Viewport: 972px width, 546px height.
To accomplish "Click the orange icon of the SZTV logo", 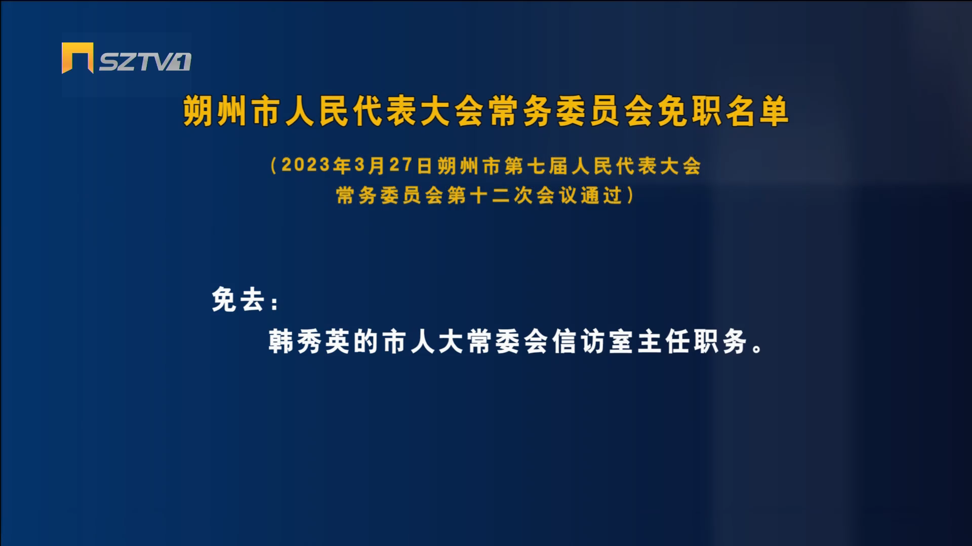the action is pos(77,58).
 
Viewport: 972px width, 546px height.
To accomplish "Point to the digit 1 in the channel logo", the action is pos(181,62).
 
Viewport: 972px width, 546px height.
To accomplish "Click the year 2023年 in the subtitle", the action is pos(316,165).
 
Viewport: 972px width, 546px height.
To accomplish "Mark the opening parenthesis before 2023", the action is pos(273,165).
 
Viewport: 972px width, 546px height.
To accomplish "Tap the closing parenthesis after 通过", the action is pos(630,195).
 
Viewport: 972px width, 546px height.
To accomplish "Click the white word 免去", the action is pos(238,300).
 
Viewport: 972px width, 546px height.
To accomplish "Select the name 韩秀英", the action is pos(310,342).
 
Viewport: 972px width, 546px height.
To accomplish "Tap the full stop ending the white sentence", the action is pos(758,349).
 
